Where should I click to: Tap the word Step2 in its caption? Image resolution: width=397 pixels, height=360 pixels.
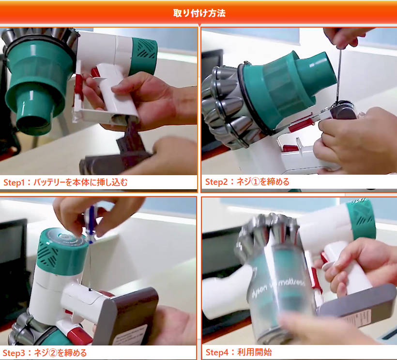(217, 182)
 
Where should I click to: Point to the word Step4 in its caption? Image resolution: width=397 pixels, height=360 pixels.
(217, 352)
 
